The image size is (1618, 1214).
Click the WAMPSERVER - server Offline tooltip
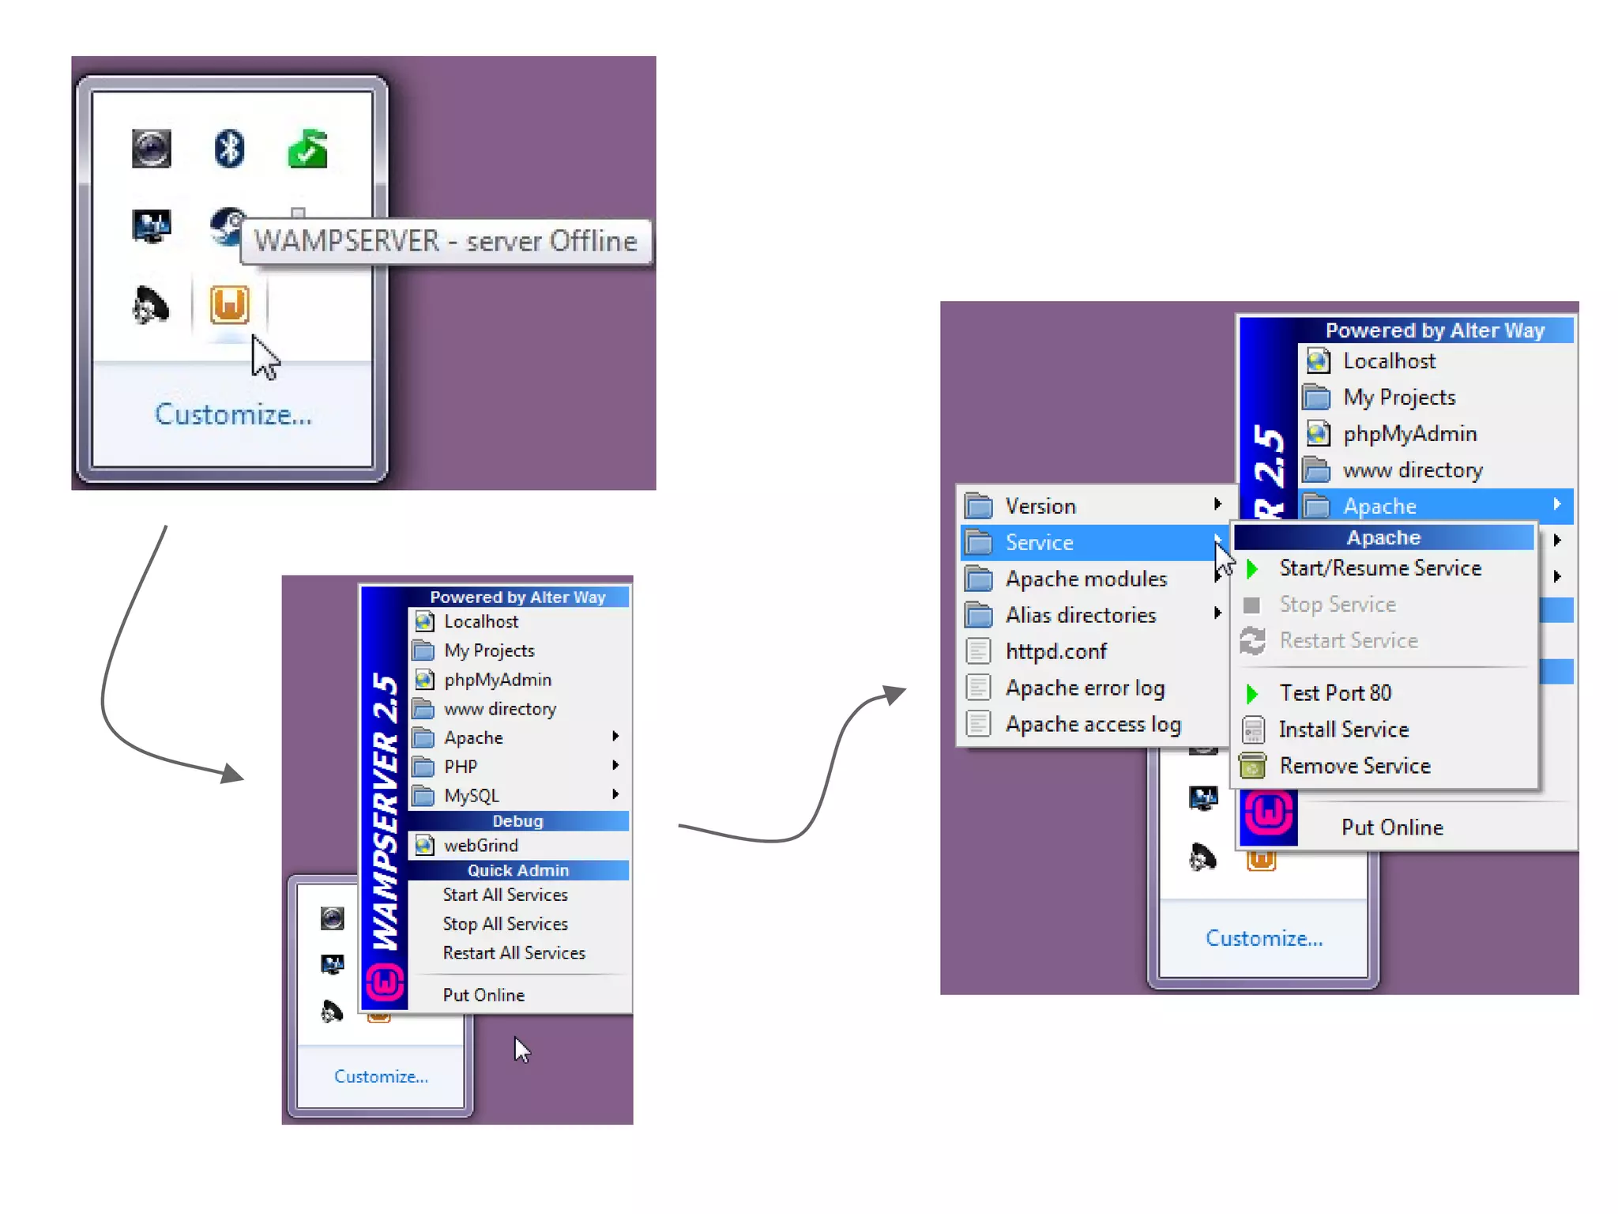(445, 241)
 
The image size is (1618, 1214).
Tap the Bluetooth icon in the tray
(229, 148)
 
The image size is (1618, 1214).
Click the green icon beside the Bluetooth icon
(307, 149)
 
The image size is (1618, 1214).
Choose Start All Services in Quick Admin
(505, 895)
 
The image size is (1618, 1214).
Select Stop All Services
(505, 924)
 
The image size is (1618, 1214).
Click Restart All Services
(514, 953)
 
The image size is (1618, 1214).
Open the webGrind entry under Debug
(480, 846)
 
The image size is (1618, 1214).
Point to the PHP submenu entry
(461, 767)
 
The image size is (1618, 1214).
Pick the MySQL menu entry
(472, 796)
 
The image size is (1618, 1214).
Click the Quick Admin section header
(517, 870)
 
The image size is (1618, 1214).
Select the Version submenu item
(1040, 507)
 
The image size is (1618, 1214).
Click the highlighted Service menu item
(1039, 543)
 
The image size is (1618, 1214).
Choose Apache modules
(1086, 579)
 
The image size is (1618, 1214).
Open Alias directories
(1080, 616)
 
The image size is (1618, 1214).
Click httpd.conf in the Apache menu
(1055, 652)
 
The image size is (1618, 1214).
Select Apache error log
(1085, 688)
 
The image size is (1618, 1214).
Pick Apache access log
(1093, 725)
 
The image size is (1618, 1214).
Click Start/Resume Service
(1379, 568)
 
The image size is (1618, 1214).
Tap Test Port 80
(1335, 693)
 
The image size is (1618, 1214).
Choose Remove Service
(1355, 766)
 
